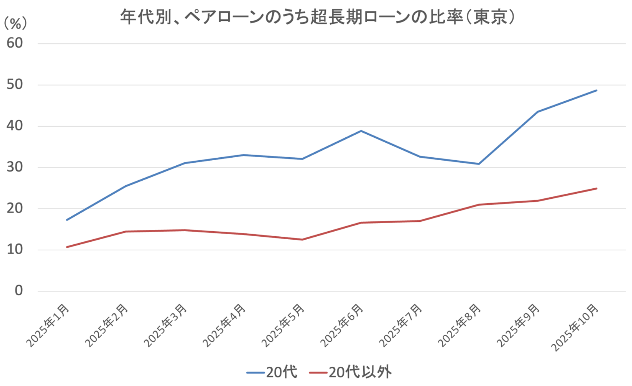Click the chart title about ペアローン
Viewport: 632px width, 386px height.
[x=317, y=17]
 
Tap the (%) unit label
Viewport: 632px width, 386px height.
[x=15, y=24]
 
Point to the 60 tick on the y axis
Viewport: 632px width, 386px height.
[x=15, y=43]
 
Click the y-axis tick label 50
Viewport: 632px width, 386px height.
[x=15, y=84]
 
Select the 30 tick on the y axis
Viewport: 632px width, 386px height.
[x=15, y=167]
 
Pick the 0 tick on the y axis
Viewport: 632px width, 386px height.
[x=19, y=291]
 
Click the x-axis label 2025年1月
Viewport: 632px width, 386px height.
[x=48, y=325]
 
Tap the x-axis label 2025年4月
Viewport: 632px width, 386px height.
[x=224, y=325]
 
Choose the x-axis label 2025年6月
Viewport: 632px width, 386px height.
[x=342, y=325]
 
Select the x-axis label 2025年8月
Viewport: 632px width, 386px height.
[x=459, y=325]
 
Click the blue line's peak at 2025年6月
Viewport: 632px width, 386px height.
[x=361, y=131]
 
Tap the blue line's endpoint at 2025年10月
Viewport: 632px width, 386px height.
[x=596, y=90]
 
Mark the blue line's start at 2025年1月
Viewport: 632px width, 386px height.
[x=67, y=220]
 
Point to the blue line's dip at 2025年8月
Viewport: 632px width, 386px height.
[x=479, y=164]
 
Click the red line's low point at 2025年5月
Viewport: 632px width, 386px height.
[x=302, y=240]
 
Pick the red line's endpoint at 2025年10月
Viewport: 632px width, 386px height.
[x=596, y=189]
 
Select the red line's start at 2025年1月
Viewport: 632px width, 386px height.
[x=67, y=247]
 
